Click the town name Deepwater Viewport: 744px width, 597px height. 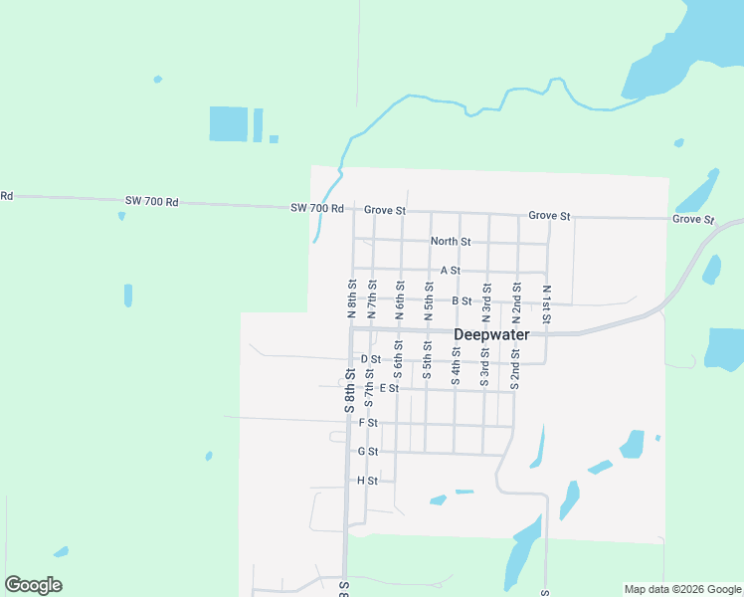click(491, 334)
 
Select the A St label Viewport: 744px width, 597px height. click(450, 271)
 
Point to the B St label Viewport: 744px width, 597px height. click(461, 300)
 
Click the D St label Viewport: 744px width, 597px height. click(370, 358)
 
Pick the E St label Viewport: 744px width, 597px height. click(388, 388)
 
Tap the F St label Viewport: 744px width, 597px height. click(368, 423)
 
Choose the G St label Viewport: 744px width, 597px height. click(368, 452)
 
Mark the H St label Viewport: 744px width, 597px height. click(367, 481)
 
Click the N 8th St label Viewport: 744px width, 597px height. click(352, 298)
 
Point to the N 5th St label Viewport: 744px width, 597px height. click(428, 302)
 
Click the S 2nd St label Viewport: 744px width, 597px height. click(515, 366)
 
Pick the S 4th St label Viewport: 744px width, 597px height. click(456, 366)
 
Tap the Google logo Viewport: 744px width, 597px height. click(33, 585)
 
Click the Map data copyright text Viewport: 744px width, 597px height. click(682, 589)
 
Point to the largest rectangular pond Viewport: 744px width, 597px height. click(228, 123)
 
